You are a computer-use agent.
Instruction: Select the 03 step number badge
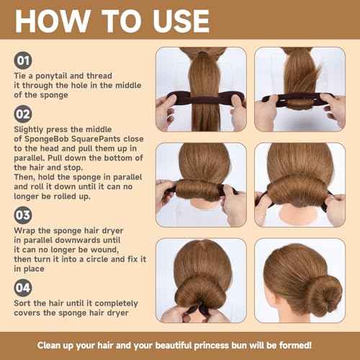point(22,214)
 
